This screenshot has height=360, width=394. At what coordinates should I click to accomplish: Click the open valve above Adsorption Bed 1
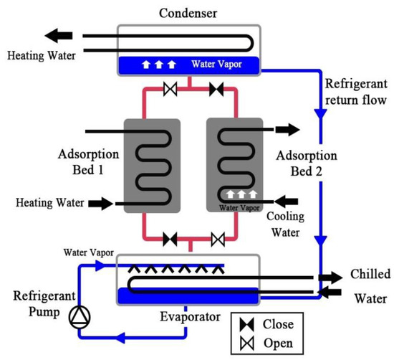pos(170,90)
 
